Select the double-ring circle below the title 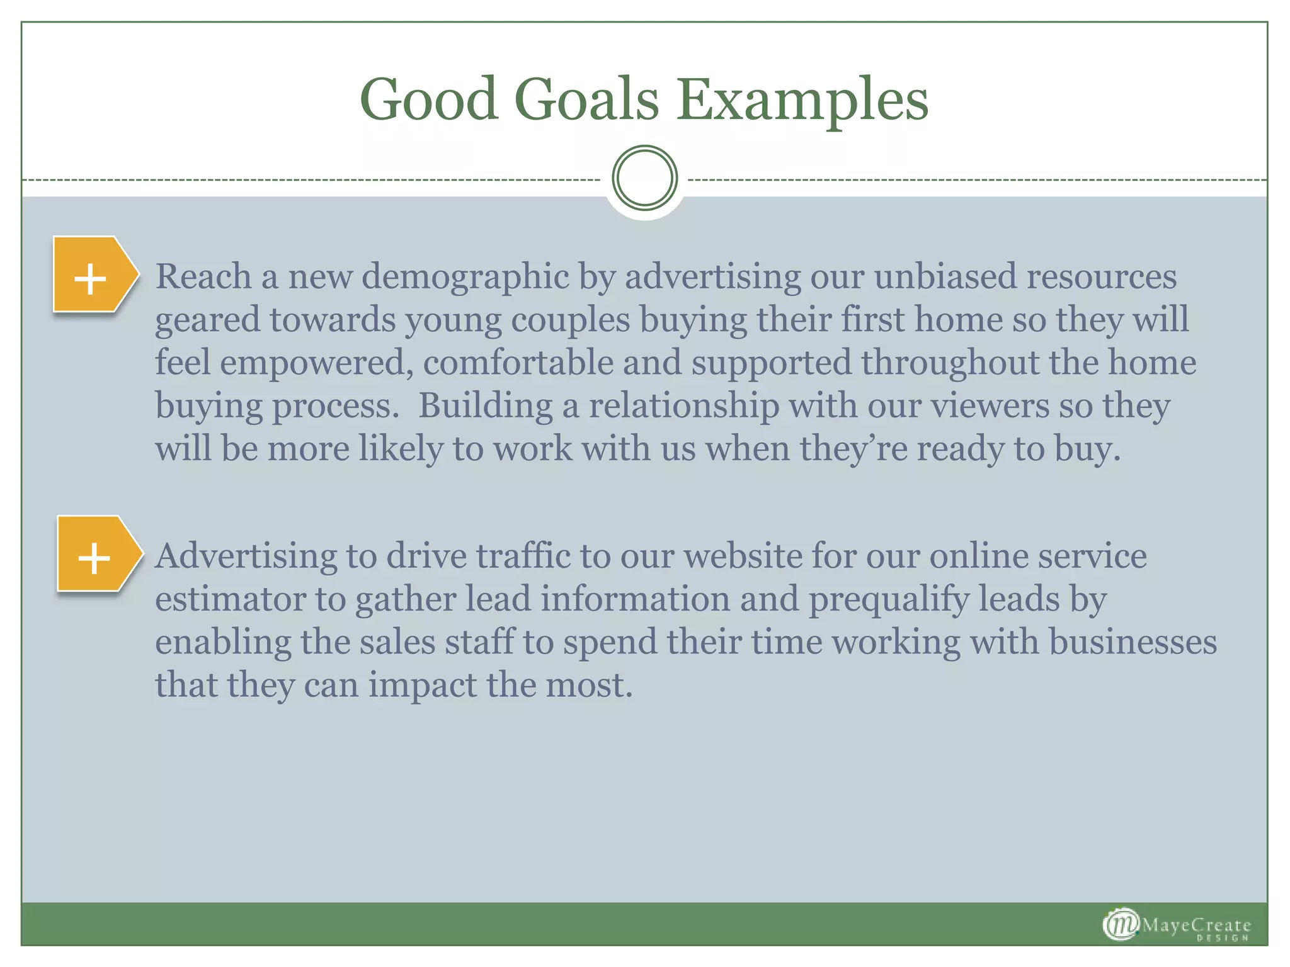[x=644, y=178]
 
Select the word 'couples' [x=570, y=320]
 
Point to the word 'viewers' [x=990, y=405]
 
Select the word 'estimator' [x=230, y=599]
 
